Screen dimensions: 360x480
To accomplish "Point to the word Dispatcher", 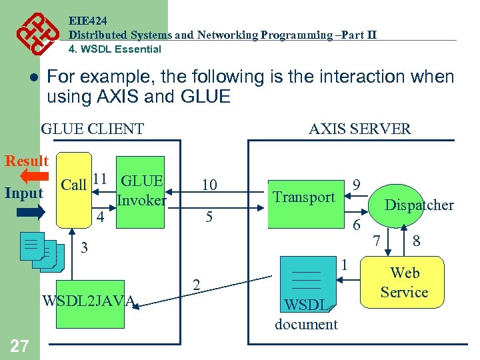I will pyautogui.click(x=419, y=205).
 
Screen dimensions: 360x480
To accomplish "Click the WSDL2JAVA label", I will pyautogui.click(x=89, y=301).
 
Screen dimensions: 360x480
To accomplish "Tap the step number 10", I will pyautogui.click(x=209, y=185).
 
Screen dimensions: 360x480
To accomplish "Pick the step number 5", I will pyautogui.click(x=208, y=217).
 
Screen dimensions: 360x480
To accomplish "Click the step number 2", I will pyautogui.click(x=196, y=285).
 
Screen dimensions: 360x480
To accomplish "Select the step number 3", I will pyautogui.click(x=84, y=249).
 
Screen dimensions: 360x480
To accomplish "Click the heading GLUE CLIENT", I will pyautogui.click(x=92, y=129).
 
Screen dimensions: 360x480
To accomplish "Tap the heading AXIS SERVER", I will pyautogui.click(x=359, y=129).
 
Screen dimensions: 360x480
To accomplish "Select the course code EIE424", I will pyautogui.click(x=87, y=21).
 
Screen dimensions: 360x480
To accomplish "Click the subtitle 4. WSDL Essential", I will pyautogui.click(x=115, y=49).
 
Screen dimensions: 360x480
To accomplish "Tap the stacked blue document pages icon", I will pyautogui.click(x=41, y=251).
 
